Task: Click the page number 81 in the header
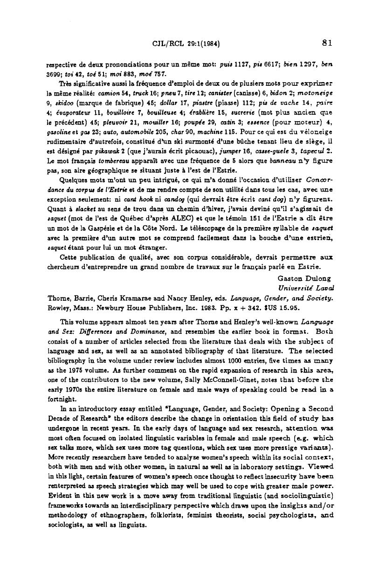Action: [326, 43]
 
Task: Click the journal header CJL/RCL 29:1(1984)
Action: [186, 44]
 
